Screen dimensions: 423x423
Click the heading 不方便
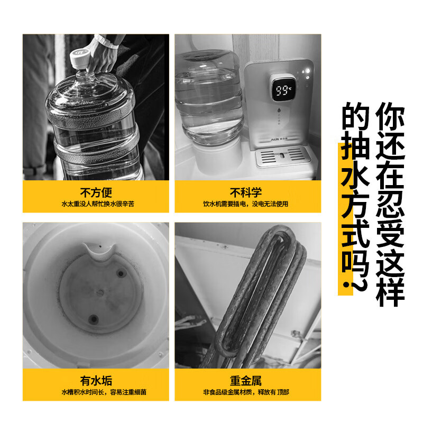[x=96, y=192]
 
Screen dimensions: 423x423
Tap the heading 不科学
[x=246, y=192]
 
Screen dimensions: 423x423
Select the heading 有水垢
[x=96, y=381]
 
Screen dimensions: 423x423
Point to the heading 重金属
[x=246, y=381]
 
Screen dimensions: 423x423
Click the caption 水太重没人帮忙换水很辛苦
[x=98, y=204]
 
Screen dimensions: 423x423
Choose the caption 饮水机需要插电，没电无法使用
[x=246, y=204]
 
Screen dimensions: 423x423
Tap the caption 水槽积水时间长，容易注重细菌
[x=104, y=392]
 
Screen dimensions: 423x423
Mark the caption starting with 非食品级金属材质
[x=246, y=392]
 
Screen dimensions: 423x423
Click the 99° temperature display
[x=282, y=90]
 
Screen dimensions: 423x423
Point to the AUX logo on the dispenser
[x=275, y=140]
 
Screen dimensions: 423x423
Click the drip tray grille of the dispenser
[x=282, y=156]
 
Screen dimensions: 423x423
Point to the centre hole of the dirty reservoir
[x=100, y=293]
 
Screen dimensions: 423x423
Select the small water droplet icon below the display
[x=279, y=110]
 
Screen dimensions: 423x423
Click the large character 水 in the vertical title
[x=355, y=177]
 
